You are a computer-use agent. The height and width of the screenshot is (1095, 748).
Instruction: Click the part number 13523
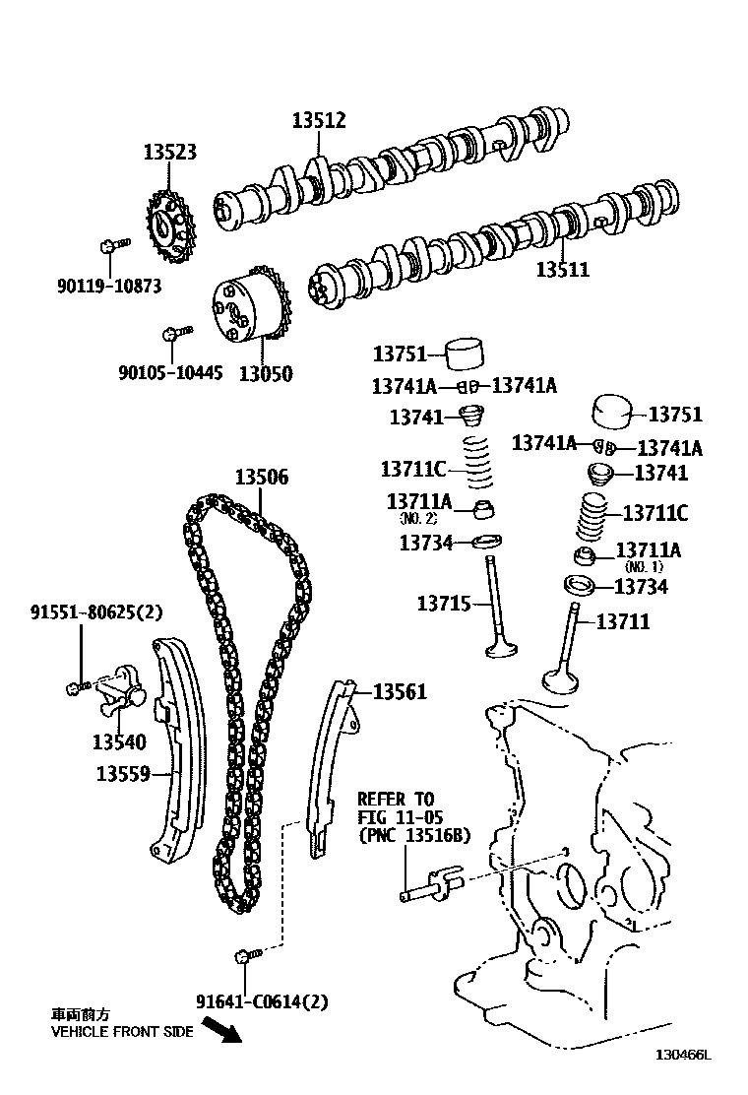click(x=169, y=153)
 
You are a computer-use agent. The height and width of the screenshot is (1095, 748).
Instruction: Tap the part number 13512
click(x=319, y=120)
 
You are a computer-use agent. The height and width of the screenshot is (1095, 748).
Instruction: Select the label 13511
click(x=563, y=269)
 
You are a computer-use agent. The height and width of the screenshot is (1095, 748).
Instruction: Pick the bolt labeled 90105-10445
click(x=172, y=334)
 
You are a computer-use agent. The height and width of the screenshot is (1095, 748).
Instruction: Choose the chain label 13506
click(x=262, y=478)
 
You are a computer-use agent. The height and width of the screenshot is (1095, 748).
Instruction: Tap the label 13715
click(x=444, y=604)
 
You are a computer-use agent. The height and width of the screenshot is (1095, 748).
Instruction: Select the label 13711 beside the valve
click(x=623, y=621)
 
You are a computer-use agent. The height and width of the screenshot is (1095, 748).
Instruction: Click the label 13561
click(x=400, y=691)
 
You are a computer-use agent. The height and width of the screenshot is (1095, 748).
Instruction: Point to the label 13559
click(x=122, y=774)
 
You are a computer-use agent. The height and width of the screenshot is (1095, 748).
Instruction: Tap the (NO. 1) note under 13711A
click(x=643, y=567)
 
